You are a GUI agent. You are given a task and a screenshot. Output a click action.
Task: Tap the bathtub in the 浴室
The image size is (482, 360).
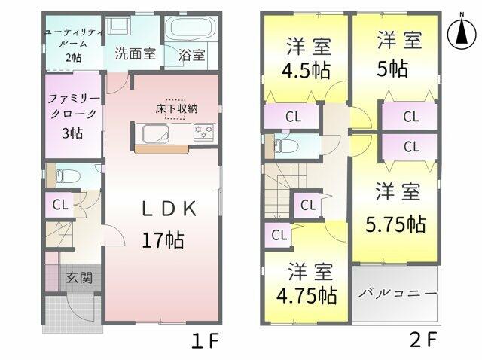click(191, 29)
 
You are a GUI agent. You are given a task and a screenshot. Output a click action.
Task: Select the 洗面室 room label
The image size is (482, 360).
click(136, 54)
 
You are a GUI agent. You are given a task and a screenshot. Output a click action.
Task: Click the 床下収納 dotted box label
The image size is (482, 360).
click(176, 109)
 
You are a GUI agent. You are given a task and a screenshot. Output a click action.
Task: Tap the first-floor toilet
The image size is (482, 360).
click(69, 176)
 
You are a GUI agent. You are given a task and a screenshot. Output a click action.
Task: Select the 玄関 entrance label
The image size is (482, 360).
click(79, 278)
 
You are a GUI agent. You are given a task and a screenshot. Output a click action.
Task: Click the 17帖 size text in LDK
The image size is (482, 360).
click(163, 240)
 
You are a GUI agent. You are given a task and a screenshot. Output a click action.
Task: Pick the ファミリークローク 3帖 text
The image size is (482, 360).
click(74, 116)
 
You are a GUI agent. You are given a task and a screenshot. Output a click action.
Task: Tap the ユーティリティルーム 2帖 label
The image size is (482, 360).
click(74, 45)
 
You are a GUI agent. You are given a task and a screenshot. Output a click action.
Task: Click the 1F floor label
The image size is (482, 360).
click(205, 340)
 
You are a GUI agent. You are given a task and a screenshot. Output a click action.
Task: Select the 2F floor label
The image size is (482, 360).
click(423, 340)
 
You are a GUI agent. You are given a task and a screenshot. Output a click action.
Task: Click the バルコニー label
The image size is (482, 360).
click(398, 293)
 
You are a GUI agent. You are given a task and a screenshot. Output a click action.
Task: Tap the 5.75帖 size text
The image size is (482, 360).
click(395, 224)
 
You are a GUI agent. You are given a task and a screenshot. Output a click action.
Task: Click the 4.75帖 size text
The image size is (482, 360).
click(307, 295)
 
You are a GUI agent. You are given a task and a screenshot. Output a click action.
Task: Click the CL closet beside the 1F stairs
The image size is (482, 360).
click(60, 204)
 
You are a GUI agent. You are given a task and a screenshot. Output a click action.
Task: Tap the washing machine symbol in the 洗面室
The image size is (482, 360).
click(117, 24)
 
